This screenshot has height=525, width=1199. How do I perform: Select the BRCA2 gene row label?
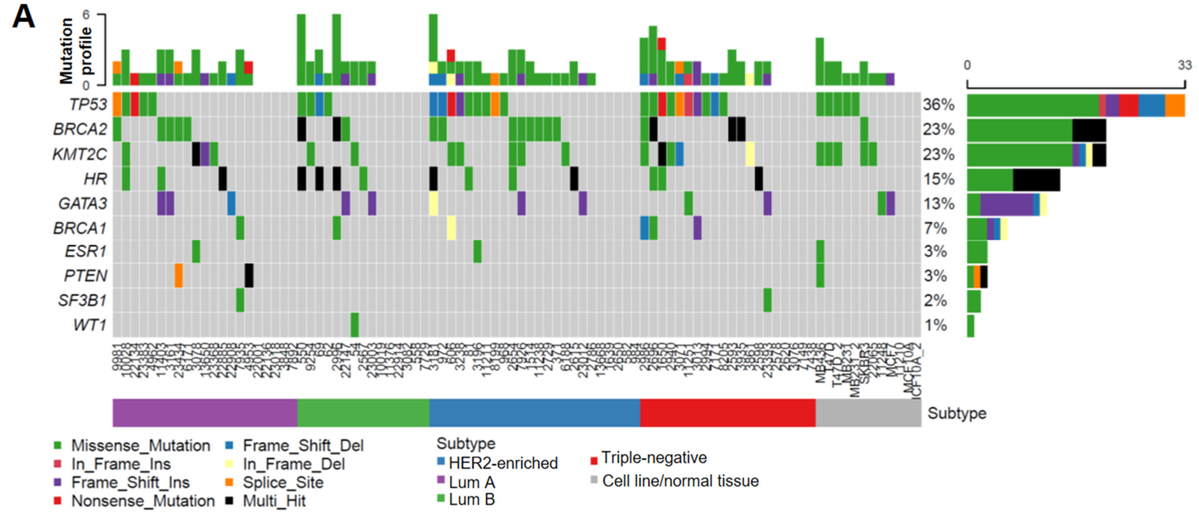pos(80,129)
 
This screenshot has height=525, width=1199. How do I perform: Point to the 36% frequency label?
pos(938,105)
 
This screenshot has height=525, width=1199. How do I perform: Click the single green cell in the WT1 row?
pos(354,325)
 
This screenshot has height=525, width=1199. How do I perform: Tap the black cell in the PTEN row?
pos(249,276)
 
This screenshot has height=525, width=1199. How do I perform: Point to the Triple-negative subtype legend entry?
pos(653,458)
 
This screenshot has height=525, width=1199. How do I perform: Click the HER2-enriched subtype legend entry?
pos(503,463)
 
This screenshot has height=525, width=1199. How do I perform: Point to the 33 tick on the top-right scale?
pos(1184,65)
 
